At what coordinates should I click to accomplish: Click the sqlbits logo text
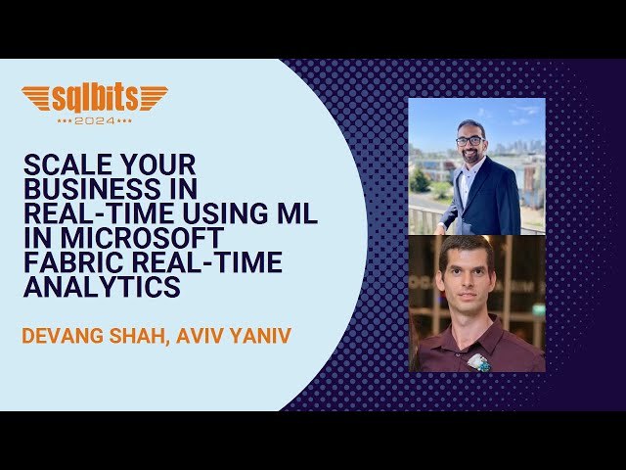[x=94, y=98]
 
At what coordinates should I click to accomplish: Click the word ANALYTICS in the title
[x=102, y=288]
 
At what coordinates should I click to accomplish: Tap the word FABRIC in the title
[x=67, y=263]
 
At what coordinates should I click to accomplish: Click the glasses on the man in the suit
[x=470, y=140]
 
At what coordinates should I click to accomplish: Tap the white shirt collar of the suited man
[x=473, y=174]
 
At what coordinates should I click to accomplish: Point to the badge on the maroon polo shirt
[x=477, y=361]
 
